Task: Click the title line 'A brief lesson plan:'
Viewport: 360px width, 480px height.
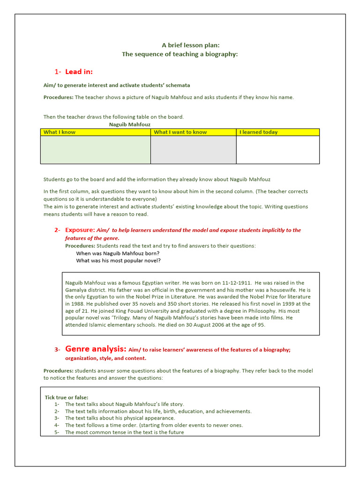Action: pos(190,45)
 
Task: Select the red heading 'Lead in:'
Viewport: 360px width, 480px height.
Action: pos(79,72)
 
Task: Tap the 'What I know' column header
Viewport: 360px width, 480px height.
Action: pos(60,132)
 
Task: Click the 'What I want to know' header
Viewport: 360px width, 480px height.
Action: pos(180,132)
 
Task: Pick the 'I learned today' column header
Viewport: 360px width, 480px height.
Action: pos(258,132)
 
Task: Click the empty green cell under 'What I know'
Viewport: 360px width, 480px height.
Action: pos(95,150)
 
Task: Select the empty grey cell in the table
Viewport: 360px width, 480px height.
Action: pos(193,150)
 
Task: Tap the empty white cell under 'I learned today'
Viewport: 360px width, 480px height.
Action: pos(277,150)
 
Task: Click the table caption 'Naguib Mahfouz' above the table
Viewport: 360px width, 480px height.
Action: pos(127,125)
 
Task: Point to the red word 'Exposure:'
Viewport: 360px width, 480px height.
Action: pos(80,230)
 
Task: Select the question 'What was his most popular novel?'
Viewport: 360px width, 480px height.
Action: pos(121,261)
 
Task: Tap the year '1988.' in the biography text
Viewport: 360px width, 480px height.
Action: pos(72,304)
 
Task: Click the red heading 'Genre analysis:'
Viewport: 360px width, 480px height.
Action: pos(96,349)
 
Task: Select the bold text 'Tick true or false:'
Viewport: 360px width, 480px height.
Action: pos(67,397)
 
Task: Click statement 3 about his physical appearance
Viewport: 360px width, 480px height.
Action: pos(120,418)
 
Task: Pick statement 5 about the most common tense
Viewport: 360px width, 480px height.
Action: pos(124,432)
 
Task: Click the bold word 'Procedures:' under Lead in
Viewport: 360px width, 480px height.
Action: pos(59,97)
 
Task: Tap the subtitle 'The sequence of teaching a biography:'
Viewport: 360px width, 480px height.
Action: pos(180,54)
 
